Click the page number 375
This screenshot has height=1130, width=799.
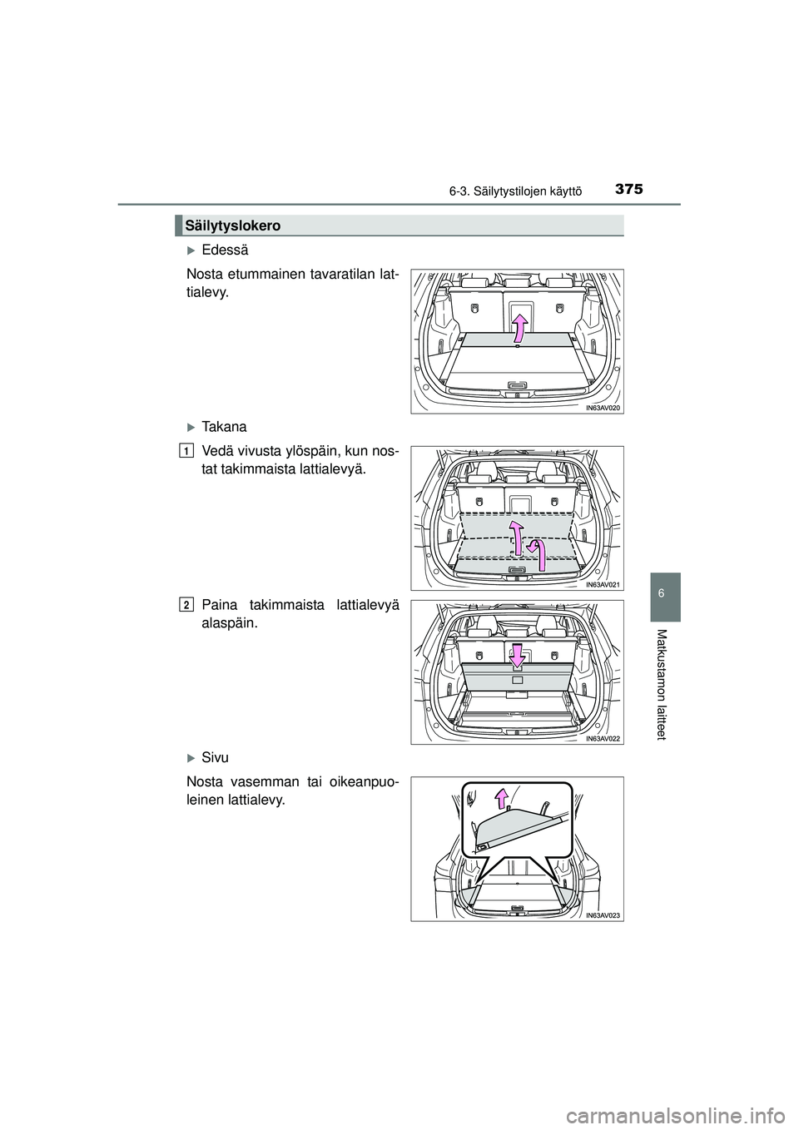(629, 190)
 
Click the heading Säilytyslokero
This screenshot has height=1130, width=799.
(232, 226)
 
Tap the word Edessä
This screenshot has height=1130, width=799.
(225, 250)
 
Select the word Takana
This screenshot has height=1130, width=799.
(224, 427)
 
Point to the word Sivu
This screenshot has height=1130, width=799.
(215, 758)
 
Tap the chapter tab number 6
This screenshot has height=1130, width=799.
(664, 593)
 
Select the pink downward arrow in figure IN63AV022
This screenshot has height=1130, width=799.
(517, 654)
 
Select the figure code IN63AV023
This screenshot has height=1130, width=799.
(603, 914)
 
